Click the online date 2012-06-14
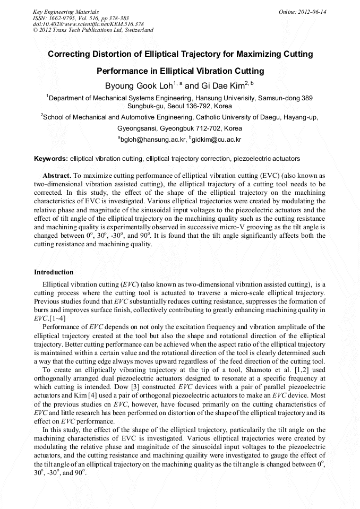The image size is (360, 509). pyautogui.click(x=312, y=12)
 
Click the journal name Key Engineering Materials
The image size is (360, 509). pyautogui.click(x=65, y=12)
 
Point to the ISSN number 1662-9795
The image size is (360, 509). pyautogui.click(x=63, y=18)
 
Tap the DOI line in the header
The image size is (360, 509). pyautogui.click(x=88, y=24)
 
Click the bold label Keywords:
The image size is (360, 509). pyautogui.click(x=51, y=159)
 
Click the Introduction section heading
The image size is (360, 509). pyautogui.click(x=54, y=272)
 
